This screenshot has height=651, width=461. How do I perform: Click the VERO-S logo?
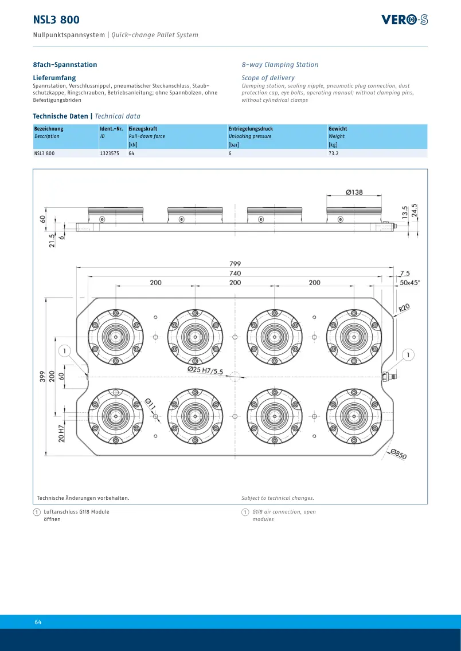(x=404, y=19)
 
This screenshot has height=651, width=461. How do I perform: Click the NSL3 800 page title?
(x=56, y=19)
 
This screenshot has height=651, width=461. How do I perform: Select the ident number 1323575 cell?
(x=110, y=153)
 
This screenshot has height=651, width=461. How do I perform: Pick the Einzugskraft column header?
(x=143, y=129)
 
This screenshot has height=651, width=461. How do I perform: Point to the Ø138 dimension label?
(x=354, y=192)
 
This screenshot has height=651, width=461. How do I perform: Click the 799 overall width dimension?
(x=235, y=263)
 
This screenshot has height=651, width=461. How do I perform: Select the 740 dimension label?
(x=235, y=273)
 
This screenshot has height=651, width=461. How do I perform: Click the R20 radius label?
(x=404, y=307)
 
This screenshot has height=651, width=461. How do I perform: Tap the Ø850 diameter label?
(x=399, y=454)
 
